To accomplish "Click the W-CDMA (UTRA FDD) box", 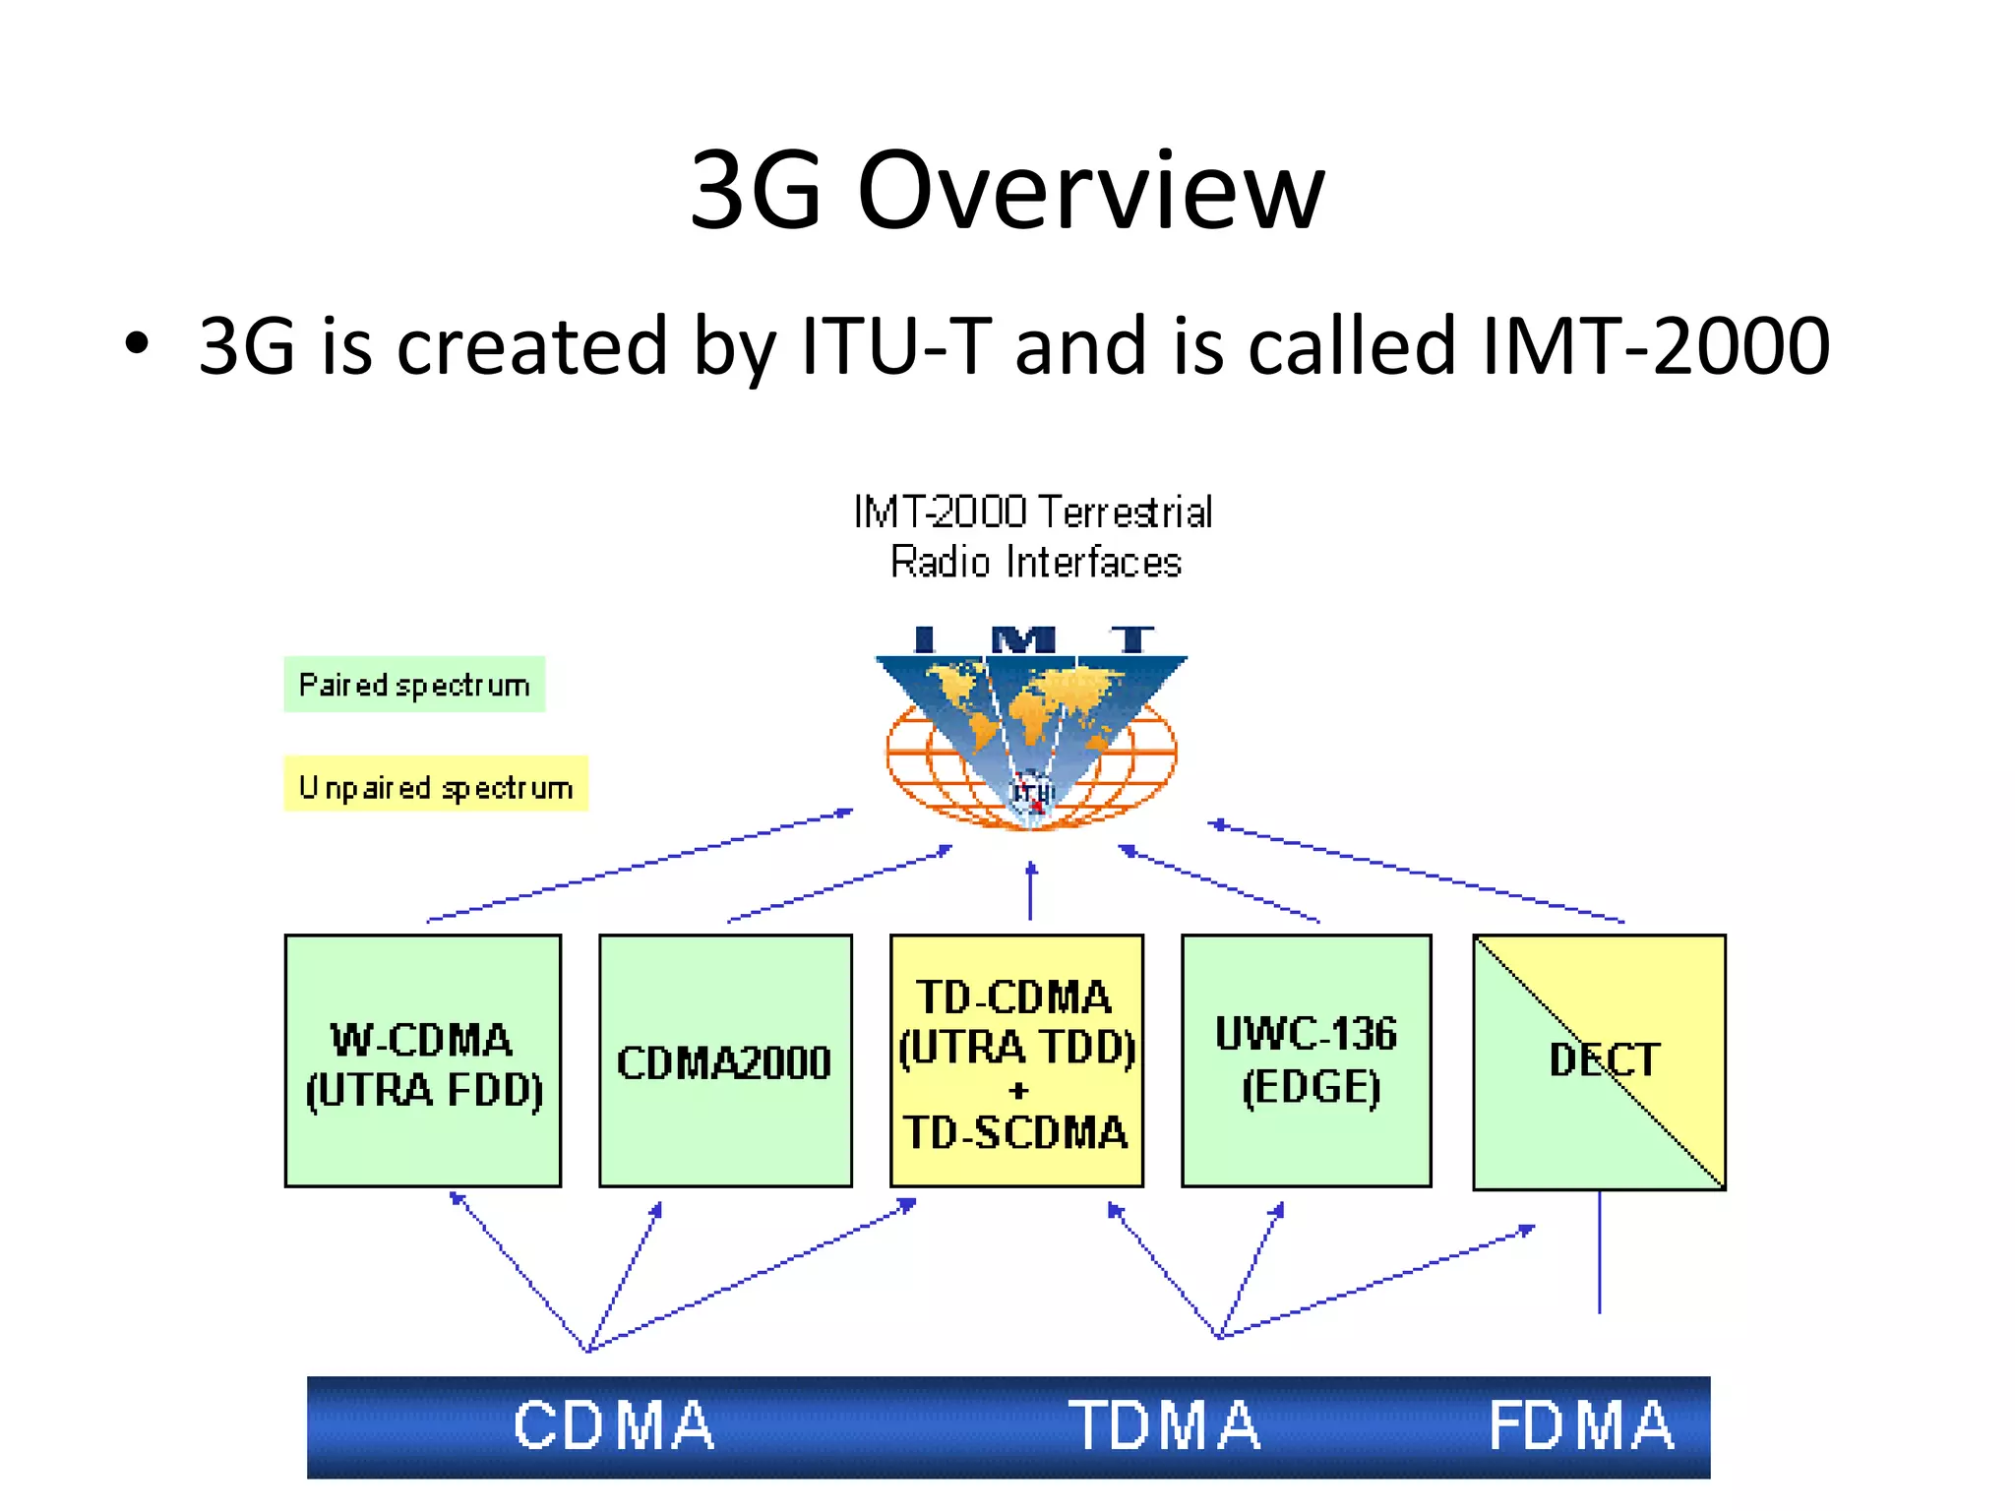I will (x=423, y=1060).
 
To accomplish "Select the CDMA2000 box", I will (x=725, y=1060).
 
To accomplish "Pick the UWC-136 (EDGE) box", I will (x=1306, y=1060).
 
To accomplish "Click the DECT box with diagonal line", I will (x=1599, y=1061).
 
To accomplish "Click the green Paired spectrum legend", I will (x=414, y=685).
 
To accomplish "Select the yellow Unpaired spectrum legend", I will (x=436, y=785).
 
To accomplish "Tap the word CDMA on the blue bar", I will (x=614, y=1425).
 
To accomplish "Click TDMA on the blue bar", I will (x=1165, y=1425).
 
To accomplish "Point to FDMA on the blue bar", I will (x=1581, y=1425).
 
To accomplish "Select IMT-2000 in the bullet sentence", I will (x=1655, y=345).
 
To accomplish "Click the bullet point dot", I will (x=137, y=344).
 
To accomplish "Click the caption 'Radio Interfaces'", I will (x=1035, y=563).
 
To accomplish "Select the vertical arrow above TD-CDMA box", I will (x=1030, y=890).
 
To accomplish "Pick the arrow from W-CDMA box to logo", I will (x=640, y=866).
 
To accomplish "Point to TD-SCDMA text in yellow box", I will (x=1015, y=1133).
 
